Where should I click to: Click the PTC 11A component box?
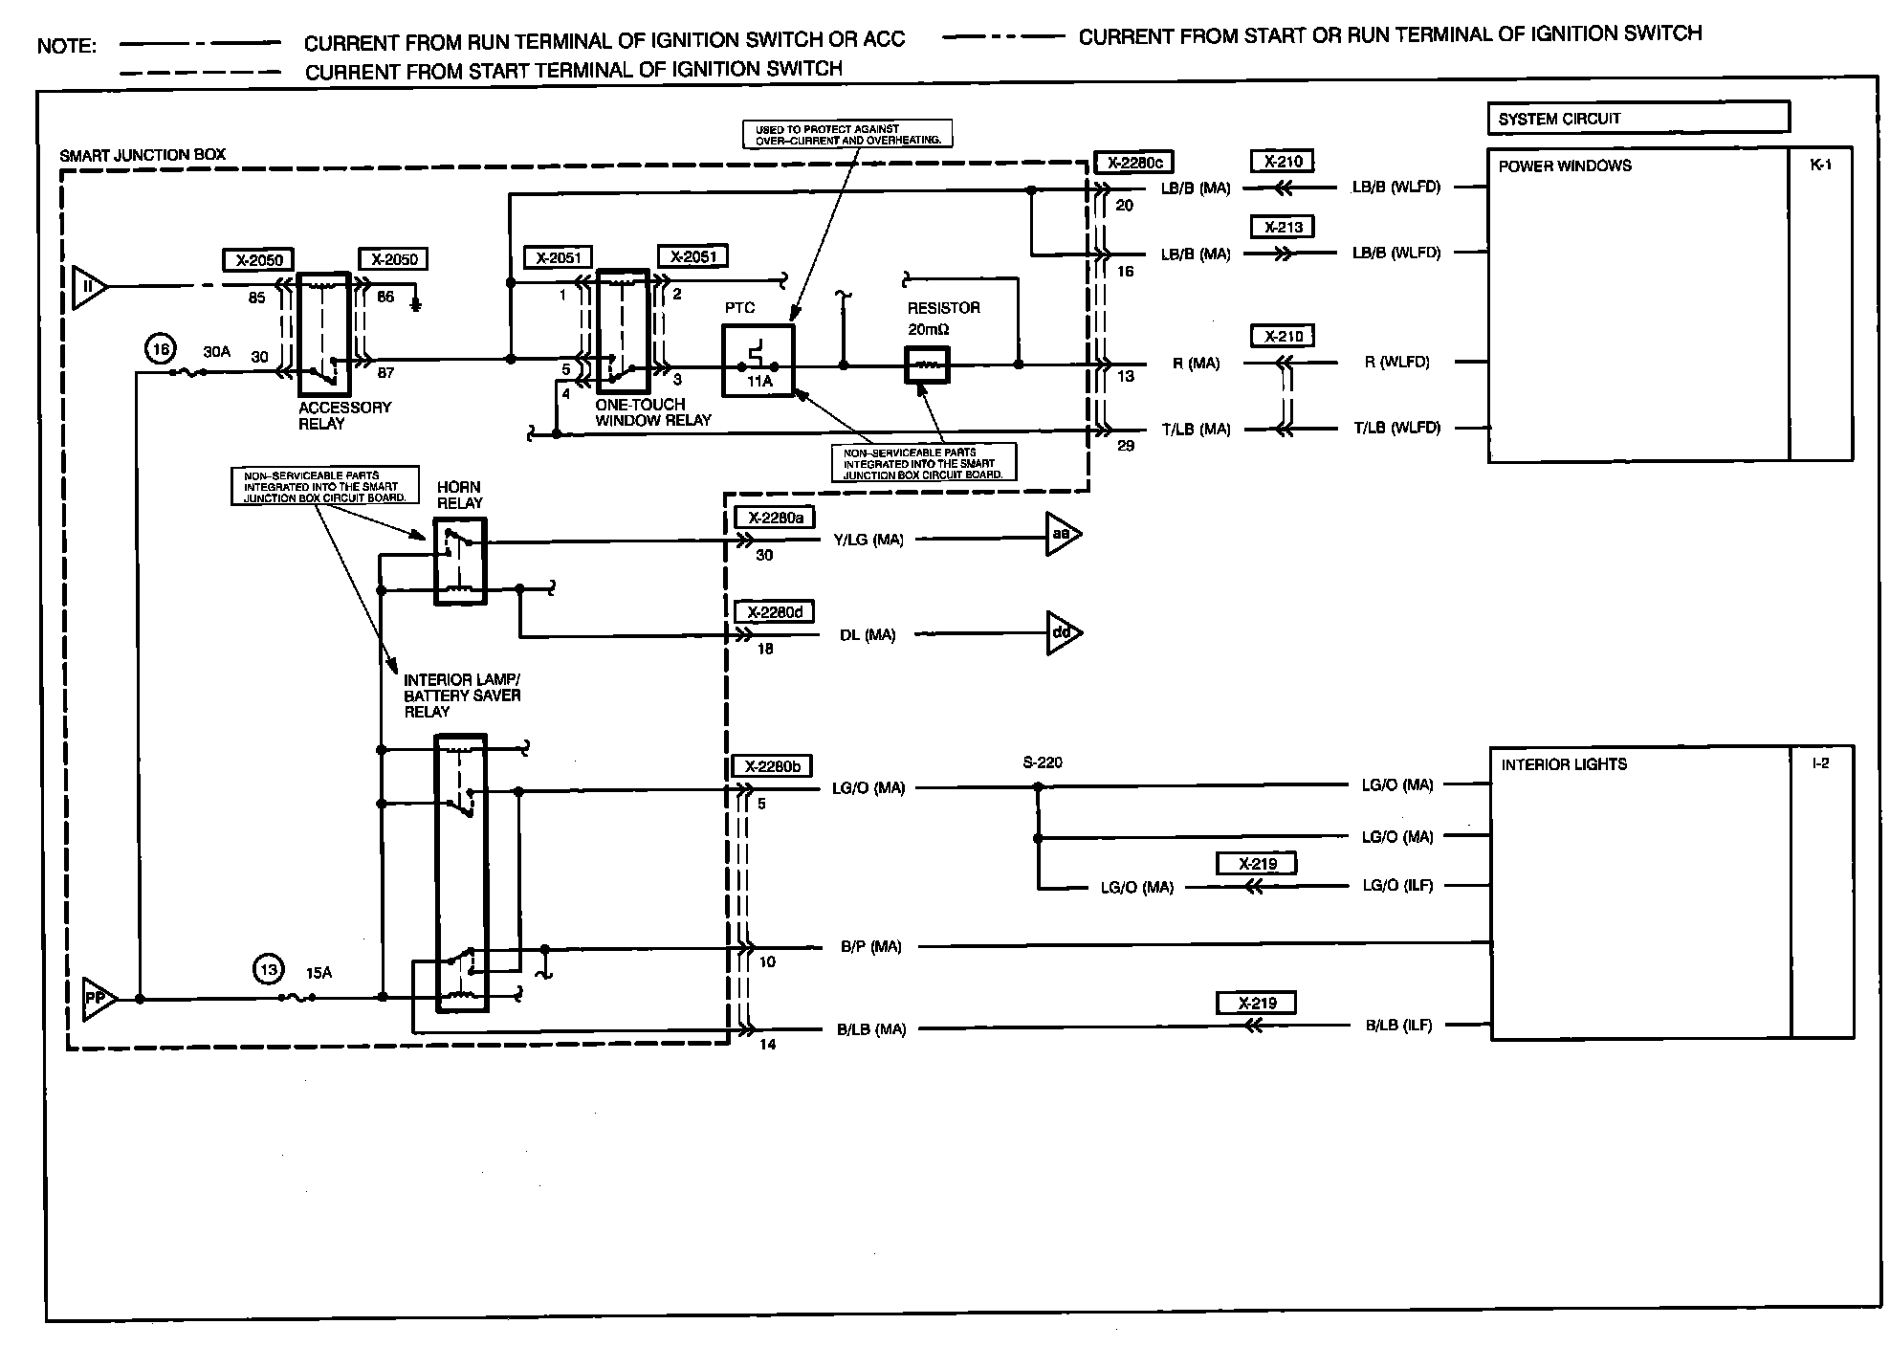758,361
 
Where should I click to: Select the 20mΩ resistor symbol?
927,364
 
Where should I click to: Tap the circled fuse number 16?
161,350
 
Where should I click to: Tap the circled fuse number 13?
269,970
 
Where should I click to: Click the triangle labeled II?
89,286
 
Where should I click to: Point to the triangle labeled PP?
98,999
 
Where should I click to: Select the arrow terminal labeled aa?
1063,535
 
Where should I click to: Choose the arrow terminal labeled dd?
1063,632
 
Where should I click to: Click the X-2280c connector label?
1133,163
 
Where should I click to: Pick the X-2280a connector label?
774,518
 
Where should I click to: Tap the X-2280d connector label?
774,612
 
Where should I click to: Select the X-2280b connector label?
771,766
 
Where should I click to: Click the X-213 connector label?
1283,228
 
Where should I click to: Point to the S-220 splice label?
1042,762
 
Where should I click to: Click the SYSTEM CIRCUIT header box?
1637,118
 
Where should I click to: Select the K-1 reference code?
1820,164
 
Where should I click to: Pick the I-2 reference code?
1820,763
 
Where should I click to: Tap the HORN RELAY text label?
459,495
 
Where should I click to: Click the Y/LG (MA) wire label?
868,540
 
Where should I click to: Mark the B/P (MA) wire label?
870,947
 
